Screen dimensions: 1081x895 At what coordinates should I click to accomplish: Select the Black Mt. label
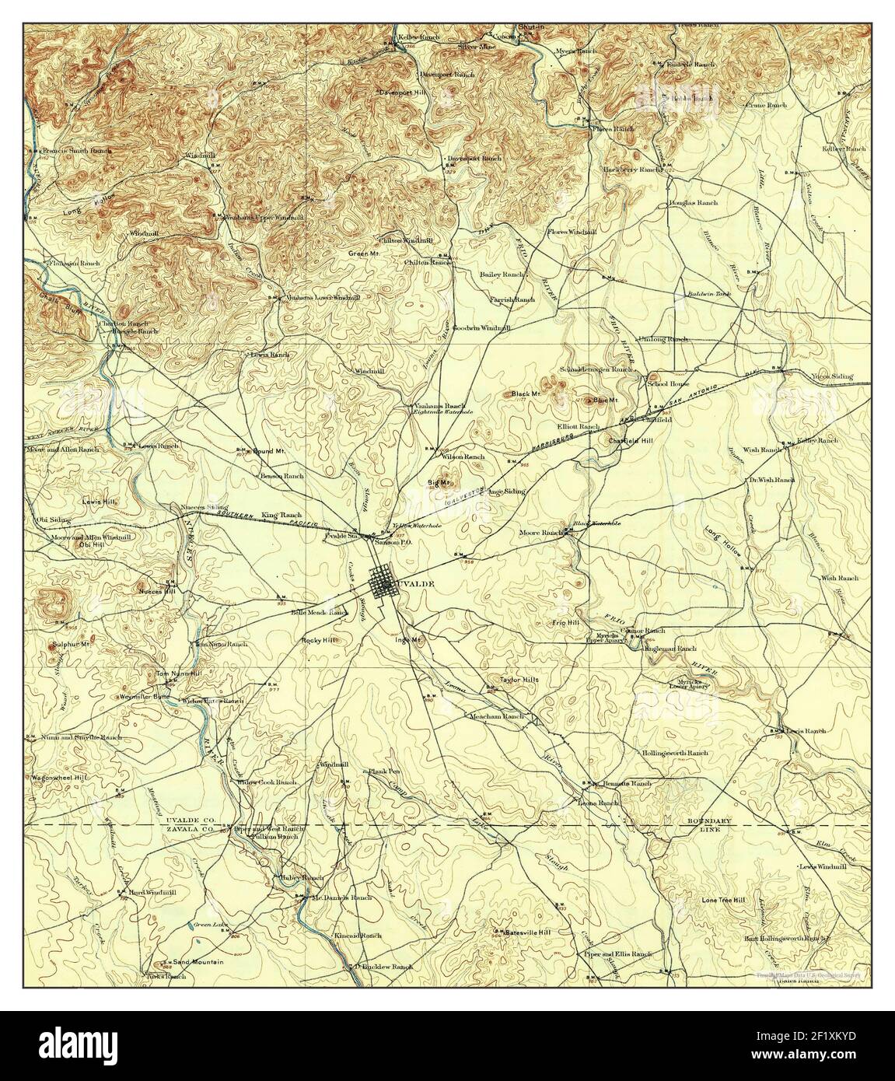pyautogui.click(x=526, y=394)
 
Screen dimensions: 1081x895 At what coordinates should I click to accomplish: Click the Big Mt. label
pyautogui.click(x=439, y=483)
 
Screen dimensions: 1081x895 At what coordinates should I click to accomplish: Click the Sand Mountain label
pyautogui.click(x=198, y=961)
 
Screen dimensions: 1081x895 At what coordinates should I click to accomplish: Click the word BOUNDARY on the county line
pyautogui.click(x=709, y=821)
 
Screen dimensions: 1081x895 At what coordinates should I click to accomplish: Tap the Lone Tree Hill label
pyautogui.click(x=723, y=900)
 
